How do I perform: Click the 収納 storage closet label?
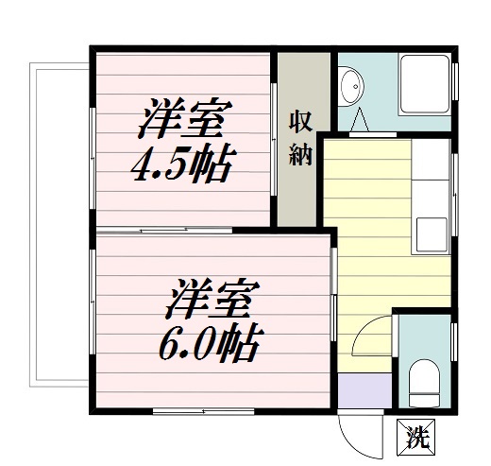tap(300, 138)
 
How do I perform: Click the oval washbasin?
tap(351, 86)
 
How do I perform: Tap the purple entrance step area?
tap(363, 388)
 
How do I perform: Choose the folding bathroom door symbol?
tap(360, 121)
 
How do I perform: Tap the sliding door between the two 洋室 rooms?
tap(179, 230)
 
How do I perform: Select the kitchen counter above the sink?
tap(432, 175)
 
